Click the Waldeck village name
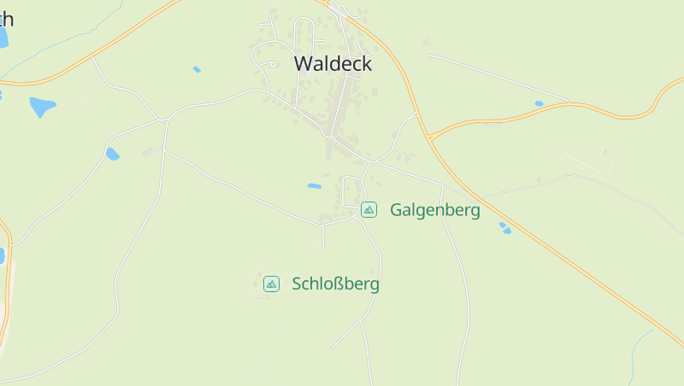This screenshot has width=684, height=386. point(333,63)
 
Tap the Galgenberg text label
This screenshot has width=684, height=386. point(434,209)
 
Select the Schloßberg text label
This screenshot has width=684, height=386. point(335,284)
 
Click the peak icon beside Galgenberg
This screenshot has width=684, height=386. point(369,209)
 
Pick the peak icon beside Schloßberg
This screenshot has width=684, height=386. point(271,284)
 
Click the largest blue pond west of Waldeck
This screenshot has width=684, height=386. point(42,107)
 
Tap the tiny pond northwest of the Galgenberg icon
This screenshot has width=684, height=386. point(315,185)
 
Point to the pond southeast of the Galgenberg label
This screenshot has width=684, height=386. point(505,228)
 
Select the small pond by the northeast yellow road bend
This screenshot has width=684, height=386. point(539,104)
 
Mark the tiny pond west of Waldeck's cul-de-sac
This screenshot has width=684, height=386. point(197,69)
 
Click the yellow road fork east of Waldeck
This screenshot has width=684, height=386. point(430,137)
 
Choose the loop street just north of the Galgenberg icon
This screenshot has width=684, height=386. point(351,190)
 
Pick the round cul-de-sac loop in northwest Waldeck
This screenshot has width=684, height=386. point(270,63)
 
